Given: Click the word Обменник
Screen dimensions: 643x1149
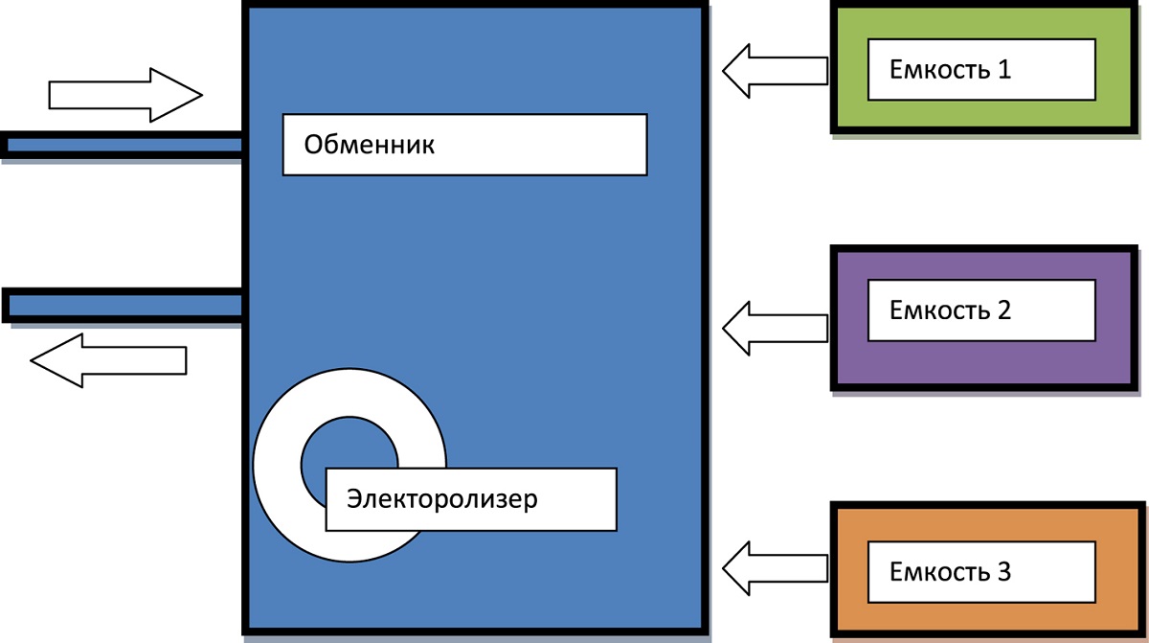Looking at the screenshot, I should pyautogui.click(x=369, y=146).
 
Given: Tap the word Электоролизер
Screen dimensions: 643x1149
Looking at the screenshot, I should pyautogui.click(x=442, y=499).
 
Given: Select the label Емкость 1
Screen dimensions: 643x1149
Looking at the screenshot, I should pyautogui.click(x=950, y=69).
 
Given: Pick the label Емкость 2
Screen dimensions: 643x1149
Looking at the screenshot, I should pyautogui.click(x=950, y=310).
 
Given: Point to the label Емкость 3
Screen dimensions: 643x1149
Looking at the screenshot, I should pyautogui.click(x=950, y=573).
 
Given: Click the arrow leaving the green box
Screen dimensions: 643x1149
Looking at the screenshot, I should pyautogui.click(x=774, y=70).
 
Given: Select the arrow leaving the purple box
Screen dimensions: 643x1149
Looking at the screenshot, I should pyautogui.click(x=774, y=328).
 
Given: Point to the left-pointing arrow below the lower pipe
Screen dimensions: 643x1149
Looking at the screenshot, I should pyautogui.click(x=108, y=360).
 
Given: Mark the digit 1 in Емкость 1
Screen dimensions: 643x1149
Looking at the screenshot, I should pyautogui.click(x=1003, y=69).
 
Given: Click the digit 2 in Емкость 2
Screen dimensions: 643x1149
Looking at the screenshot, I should pyautogui.click(x=1003, y=310).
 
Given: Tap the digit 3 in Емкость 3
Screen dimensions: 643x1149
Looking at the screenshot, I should pyautogui.click(x=1003, y=573).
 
